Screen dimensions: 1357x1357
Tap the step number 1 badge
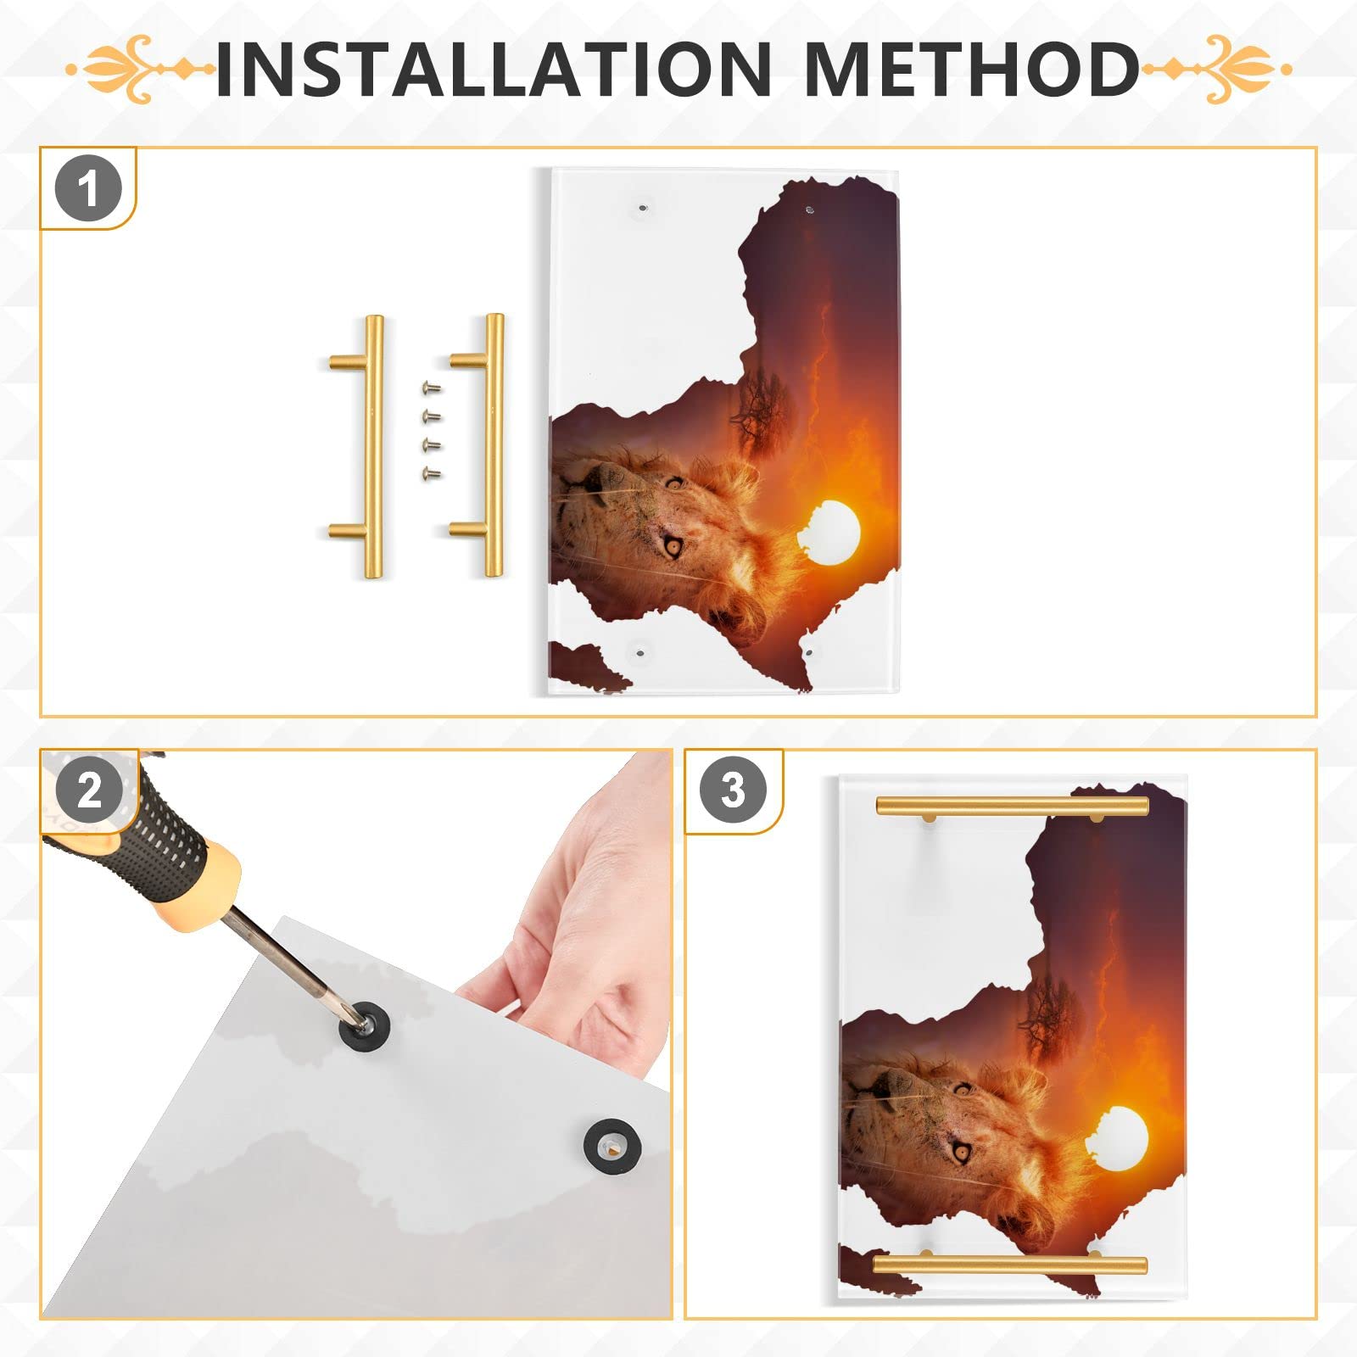[x=88, y=188]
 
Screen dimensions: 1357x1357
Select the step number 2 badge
[x=88, y=790]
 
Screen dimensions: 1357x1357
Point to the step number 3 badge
[x=733, y=790]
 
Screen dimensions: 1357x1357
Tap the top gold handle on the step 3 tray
[x=1012, y=807]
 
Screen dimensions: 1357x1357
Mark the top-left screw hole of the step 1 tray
[x=642, y=207]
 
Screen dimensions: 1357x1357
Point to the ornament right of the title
[x=1216, y=69]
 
